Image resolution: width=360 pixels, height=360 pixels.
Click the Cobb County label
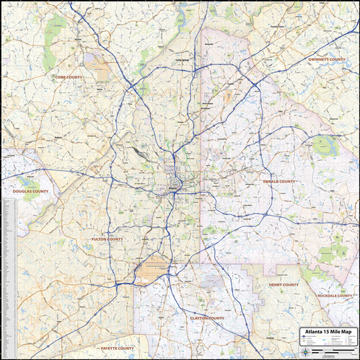(x=69, y=76)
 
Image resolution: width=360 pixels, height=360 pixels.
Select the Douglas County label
(x=30, y=191)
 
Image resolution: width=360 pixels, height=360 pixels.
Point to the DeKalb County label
(x=279, y=181)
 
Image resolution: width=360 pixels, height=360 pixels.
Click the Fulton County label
(x=107, y=239)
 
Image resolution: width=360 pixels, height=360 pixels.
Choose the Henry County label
(x=284, y=284)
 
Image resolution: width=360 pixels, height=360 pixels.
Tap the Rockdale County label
(x=335, y=296)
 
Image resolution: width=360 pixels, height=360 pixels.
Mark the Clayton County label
(x=206, y=317)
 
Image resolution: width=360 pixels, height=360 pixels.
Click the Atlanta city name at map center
(x=172, y=189)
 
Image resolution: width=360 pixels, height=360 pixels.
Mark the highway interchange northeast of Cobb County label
(x=133, y=87)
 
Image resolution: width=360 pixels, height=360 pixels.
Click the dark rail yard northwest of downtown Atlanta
(x=137, y=153)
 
